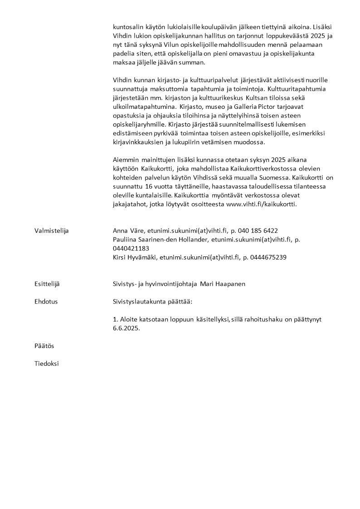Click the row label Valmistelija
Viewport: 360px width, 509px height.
(x=51, y=230)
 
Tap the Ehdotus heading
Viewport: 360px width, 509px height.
(x=46, y=301)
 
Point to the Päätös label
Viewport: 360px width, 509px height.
(x=44, y=346)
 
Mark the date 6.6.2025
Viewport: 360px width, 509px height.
(x=126, y=328)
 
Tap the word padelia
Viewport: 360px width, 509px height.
(x=126, y=54)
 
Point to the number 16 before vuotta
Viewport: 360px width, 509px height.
(x=149, y=186)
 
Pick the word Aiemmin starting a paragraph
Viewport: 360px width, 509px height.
(x=125, y=160)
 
